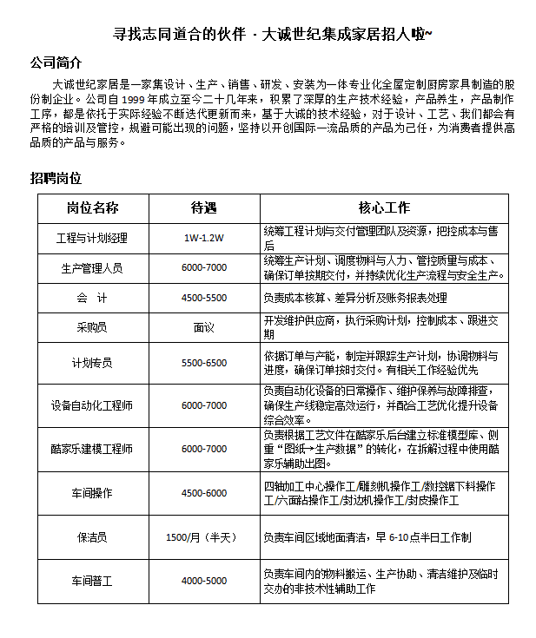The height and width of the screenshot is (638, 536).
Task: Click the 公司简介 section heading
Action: pyautogui.click(x=56, y=63)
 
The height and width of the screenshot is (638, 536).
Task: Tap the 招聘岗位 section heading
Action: pyautogui.click(x=56, y=178)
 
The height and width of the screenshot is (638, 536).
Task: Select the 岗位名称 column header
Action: pyautogui.click(x=92, y=208)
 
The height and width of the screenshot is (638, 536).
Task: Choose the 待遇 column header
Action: pyautogui.click(x=203, y=208)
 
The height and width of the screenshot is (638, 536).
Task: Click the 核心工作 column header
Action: pyautogui.click(x=384, y=208)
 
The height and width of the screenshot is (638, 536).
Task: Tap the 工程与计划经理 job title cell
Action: pyautogui.click(x=92, y=238)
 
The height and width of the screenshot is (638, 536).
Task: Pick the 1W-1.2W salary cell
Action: pyautogui.click(x=203, y=238)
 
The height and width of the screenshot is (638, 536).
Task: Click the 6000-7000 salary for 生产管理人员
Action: pyautogui.click(x=203, y=268)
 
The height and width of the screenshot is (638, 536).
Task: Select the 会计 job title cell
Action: pyautogui.click(x=92, y=298)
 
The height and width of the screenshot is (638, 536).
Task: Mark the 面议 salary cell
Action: pyautogui.click(x=203, y=327)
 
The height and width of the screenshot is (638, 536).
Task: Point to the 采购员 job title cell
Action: pyautogui.click(x=92, y=327)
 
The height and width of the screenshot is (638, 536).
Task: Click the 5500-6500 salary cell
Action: pyautogui.click(x=203, y=363)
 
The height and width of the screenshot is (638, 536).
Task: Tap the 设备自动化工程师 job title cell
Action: pyautogui.click(x=92, y=405)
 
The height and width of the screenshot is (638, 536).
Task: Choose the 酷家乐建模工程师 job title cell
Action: pyautogui.click(x=92, y=449)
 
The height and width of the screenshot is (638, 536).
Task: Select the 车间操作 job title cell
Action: pyautogui.click(x=92, y=493)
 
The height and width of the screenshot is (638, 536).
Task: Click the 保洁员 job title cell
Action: pyautogui.click(x=92, y=537)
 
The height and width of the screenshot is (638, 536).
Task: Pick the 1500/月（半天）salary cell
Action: pyautogui.click(x=203, y=537)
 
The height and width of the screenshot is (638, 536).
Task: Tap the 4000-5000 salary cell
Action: pyautogui.click(x=203, y=580)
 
